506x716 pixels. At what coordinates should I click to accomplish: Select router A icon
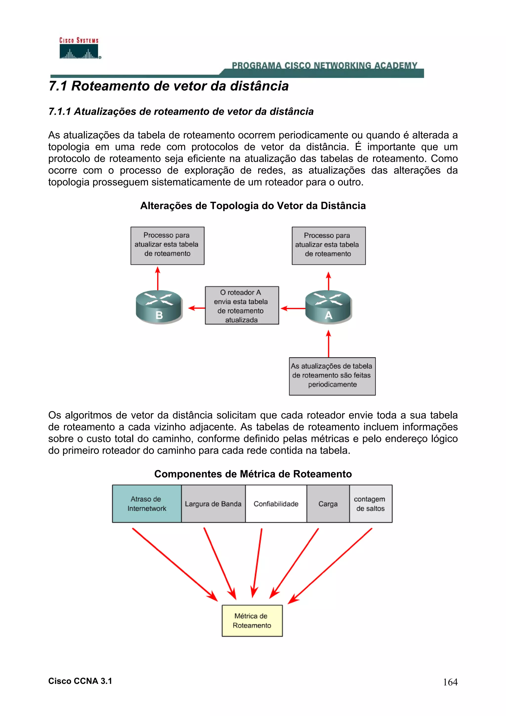[328, 307]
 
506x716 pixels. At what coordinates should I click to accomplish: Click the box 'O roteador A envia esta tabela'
[242, 305]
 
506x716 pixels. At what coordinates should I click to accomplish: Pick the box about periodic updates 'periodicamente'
[332, 376]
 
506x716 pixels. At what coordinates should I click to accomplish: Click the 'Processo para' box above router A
[328, 246]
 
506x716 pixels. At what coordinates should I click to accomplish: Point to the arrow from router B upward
[158, 278]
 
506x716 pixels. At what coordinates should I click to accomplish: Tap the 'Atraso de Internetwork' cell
[147, 504]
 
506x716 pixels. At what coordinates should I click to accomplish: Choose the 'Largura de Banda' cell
[213, 504]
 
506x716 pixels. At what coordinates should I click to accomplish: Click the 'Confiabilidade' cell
[276, 504]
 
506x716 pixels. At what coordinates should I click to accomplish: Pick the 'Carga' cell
[328, 504]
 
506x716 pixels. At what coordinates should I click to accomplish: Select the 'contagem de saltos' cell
[370, 504]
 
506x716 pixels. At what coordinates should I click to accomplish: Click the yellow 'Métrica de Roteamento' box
[252, 621]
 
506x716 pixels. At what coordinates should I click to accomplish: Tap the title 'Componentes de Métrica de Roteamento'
[253, 474]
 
